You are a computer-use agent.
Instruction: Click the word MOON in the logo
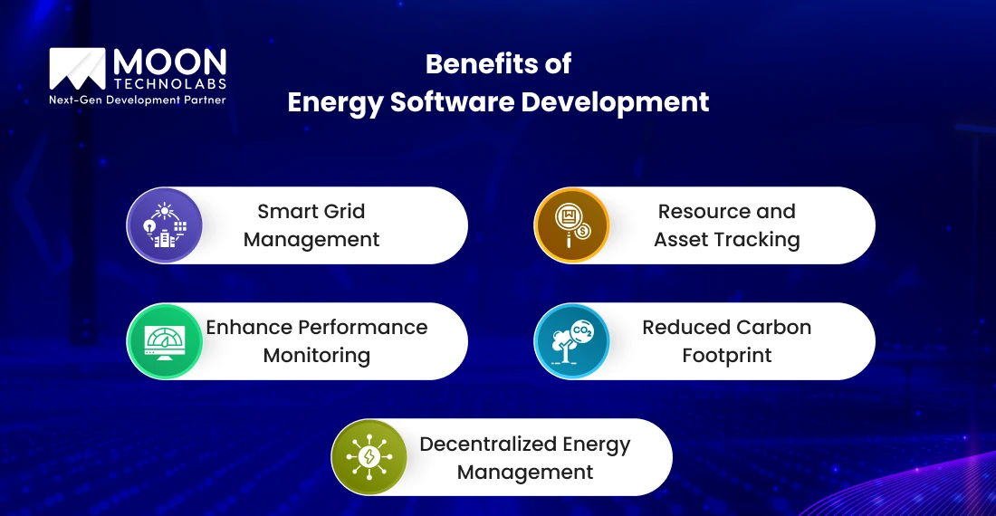tap(169, 62)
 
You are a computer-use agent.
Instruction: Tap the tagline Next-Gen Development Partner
tap(137, 100)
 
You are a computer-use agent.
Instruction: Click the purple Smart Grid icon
tap(165, 225)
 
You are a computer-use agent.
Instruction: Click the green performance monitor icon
tap(165, 341)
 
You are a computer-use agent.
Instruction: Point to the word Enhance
tap(248, 327)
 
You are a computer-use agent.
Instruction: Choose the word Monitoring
tap(317, 356)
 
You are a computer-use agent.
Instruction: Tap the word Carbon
tap(772, 327)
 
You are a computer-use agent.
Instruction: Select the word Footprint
tap(727, 356)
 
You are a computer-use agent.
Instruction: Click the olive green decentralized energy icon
tap(369, 457)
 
